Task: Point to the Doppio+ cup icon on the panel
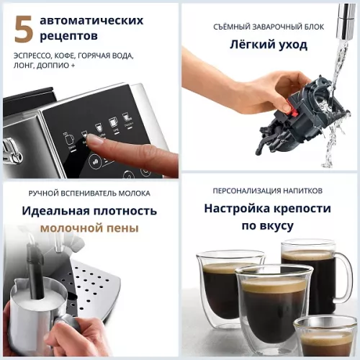click(x=126, y=116)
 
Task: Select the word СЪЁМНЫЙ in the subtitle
click(x=237, y=27)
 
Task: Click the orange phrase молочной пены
click(x=89, y=228)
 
